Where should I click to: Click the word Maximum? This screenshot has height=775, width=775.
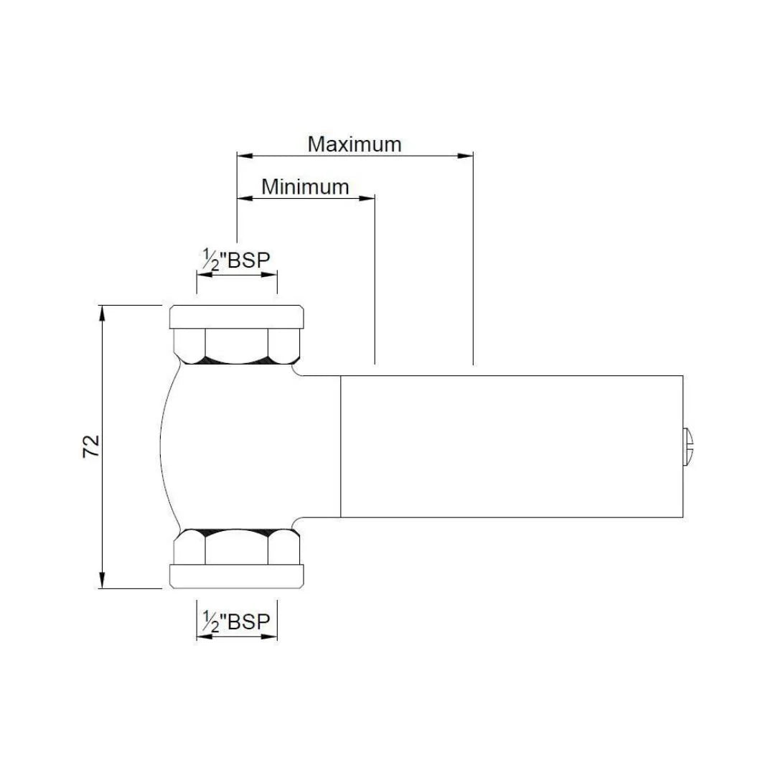(354, 144)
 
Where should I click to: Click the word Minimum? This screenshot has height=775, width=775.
(305, 187)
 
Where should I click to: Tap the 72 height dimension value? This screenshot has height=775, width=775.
(92, 446)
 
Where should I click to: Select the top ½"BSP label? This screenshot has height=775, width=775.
(236, 260)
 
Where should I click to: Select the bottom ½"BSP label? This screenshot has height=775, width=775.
(236, 621)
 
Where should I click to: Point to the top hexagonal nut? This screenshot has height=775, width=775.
(236, 345)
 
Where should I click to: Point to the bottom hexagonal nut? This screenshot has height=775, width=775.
(236, 547)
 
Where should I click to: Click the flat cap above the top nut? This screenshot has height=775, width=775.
(236, 316)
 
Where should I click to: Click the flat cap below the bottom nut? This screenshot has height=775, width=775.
(236, 576)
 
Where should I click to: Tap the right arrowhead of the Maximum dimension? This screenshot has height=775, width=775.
(467, 154)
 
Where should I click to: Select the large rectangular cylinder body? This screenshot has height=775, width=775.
(511, 446)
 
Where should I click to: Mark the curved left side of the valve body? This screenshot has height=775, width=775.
(162, 446)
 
